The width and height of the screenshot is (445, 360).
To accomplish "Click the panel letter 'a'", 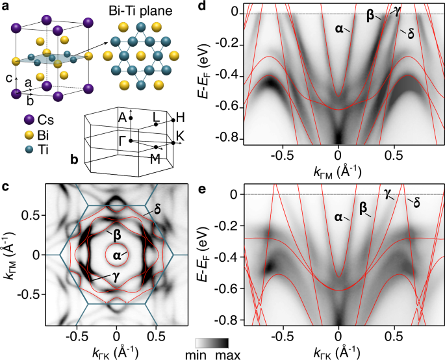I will point(6,8).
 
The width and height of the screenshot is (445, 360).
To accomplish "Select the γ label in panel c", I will point(96,277).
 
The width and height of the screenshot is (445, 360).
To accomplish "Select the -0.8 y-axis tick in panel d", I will point(228,138).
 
